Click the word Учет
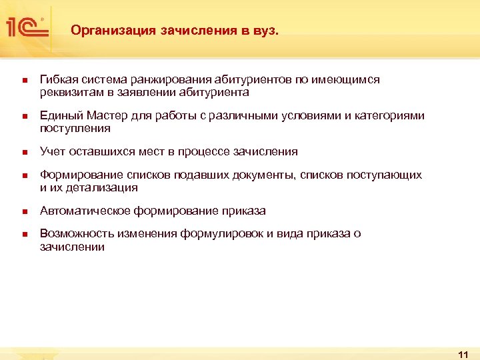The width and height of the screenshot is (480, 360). [x=53, y=152]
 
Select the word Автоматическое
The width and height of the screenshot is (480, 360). [x=85, y=211]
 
